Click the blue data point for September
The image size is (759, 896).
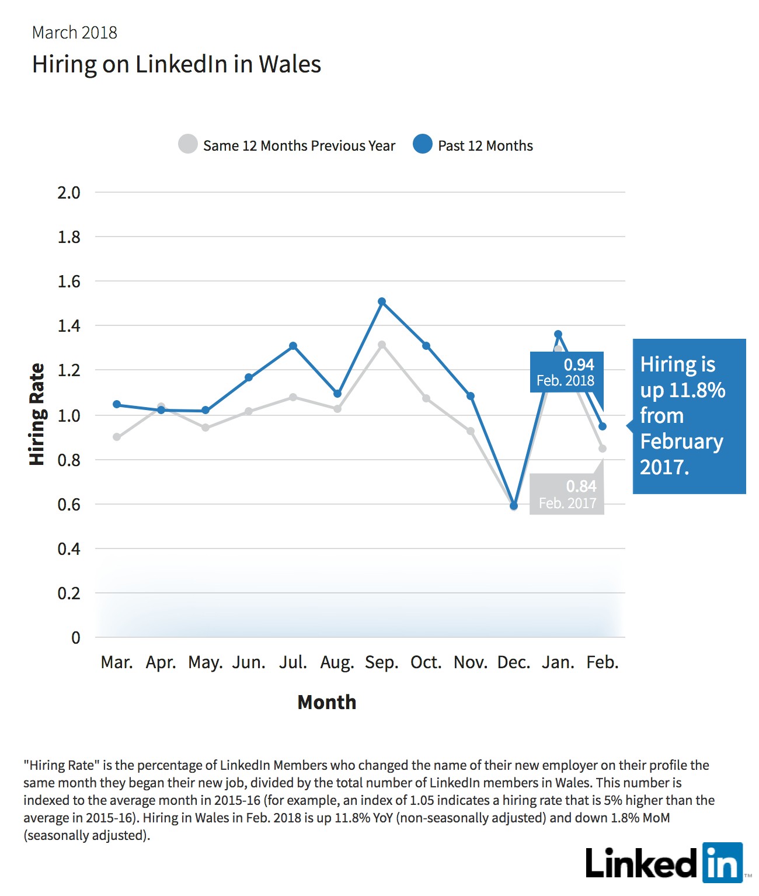tap(382, 301)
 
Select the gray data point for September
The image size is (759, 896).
tap(382, 345)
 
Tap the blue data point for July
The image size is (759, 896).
tap(293, 345)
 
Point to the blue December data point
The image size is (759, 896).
tap(514, 505)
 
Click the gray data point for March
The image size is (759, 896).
tap(117, 437)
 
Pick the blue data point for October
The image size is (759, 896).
tap(426, 345)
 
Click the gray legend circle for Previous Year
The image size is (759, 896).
tap(188, 144)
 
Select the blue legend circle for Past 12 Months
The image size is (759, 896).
tap(422, 144)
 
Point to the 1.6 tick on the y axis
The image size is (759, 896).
tap(69, 282)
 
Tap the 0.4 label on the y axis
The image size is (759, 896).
tap(69, 549)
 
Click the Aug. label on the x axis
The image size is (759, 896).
tap(337, 663)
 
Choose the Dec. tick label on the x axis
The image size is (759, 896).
tap(514, 662)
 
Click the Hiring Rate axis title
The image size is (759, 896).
tap(37, 414)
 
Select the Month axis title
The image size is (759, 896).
tap(326, 702)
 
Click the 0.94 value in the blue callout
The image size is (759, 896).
tap(579, 364)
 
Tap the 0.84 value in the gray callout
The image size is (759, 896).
tap(581, 487)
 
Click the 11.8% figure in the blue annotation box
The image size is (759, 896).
tap(697, 390)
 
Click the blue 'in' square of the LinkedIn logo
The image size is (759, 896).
tap(723, 863)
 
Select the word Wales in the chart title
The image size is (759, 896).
tap(290, 64)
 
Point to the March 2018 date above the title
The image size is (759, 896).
tap(75, 33)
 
